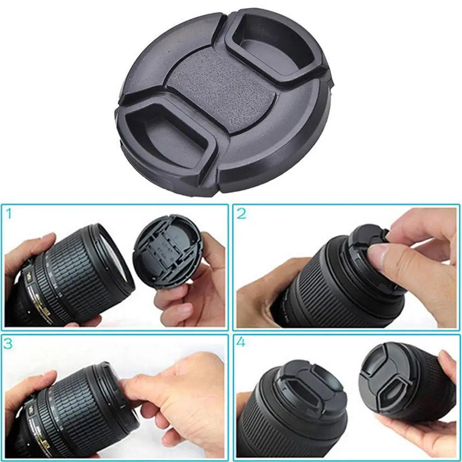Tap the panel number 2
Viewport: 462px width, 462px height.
242,214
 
